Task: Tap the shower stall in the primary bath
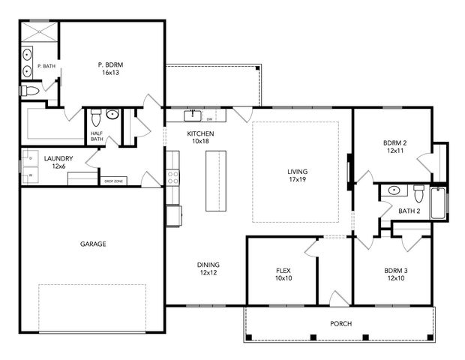[x=38, y=32]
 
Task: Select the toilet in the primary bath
[x=29, y=91]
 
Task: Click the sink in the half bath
[x=112, y=115]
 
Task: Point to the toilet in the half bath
[x=95, y=118]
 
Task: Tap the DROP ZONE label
[x=113, y=181]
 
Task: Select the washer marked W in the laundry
[x=31, y=177]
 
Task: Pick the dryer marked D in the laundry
[x=31, y=159]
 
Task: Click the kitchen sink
[x=193, y=115]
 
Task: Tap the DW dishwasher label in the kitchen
[x=210, y=118]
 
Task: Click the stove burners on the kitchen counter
[x=173, y=177]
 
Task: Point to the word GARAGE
[x=93, y=244]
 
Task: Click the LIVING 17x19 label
[x=297, y=175]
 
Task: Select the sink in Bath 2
[x=393, y=190]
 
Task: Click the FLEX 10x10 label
[x=283, y=274]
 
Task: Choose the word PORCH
[x=340, y=324]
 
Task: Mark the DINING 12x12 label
[x=208, y=268]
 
